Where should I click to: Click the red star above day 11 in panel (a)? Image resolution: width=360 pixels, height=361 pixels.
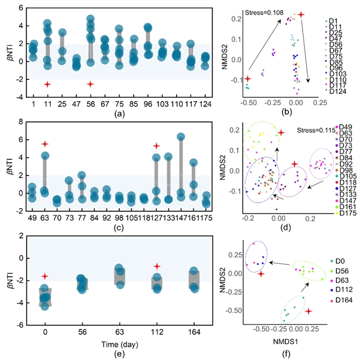47,84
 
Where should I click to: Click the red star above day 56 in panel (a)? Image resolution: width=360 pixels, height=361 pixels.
90,84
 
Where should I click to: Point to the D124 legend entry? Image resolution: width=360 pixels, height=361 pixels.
339,91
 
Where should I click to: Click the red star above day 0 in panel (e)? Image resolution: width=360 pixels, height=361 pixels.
45,276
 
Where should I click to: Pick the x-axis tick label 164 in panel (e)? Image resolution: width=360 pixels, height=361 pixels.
193,332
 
